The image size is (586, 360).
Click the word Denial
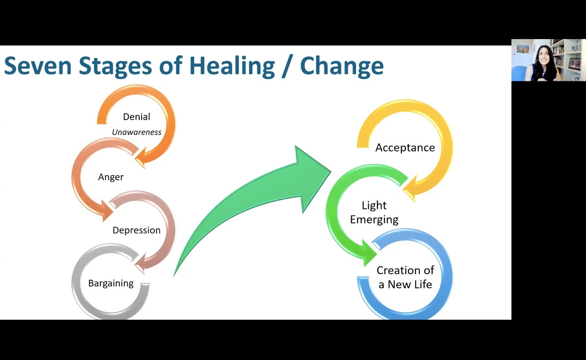coord(136,117)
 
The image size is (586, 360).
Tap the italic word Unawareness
coord(136,132)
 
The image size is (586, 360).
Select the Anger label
coord(111,177)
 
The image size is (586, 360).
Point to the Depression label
coord(136,230)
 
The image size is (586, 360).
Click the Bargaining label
coord(111,283)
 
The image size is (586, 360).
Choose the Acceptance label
coord(405,148)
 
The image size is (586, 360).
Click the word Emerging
coord(374,220)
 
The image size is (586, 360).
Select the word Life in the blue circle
coord(423,285)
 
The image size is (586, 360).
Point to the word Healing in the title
coord(232,66)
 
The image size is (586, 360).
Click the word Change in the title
coord(342,66)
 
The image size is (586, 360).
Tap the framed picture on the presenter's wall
coord(523,49)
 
